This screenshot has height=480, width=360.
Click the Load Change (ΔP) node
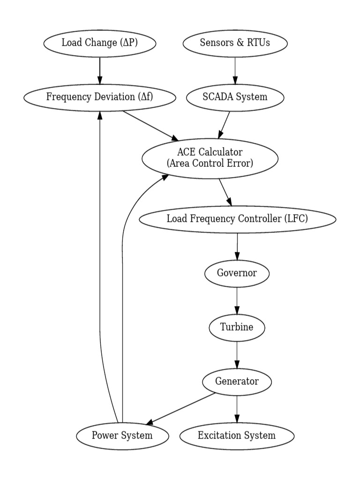pyautogui.click(x=99, y=43)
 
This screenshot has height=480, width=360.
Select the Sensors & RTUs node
pyautogui.click(x=235, y=43)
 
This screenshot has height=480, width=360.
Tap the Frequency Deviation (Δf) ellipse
pyautogui.click(x=100, y=97)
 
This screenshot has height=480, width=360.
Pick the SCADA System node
pyautogui.click(x=235, y=97)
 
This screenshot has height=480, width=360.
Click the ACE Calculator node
pyautogui.click(x=210, y=157)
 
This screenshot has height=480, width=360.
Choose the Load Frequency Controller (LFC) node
pyautogui.click(x=238, y=219)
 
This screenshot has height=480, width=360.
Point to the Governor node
pyautogui.click(x=237, y=273)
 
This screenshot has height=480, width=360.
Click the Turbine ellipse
pyautogui.click(x=237, y=327)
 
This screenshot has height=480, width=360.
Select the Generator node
pyautogui.click(x=237, y=381)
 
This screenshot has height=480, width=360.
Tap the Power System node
pyautogui.click(x=122, y=435)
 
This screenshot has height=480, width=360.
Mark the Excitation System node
pyautogui.click(x=237, y=435)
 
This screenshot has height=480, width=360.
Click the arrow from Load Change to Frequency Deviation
pyautogui.click(x=99, y=70)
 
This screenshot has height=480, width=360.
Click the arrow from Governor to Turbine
pyautogui.click(x=237, y=300)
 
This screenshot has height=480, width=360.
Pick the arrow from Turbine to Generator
pyautogui.click(x=237, y=354)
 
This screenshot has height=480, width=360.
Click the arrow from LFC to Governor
pyautogui.click(x=237, y=246)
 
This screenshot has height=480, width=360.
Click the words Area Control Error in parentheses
pyautogui.click(x=210, y=163)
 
